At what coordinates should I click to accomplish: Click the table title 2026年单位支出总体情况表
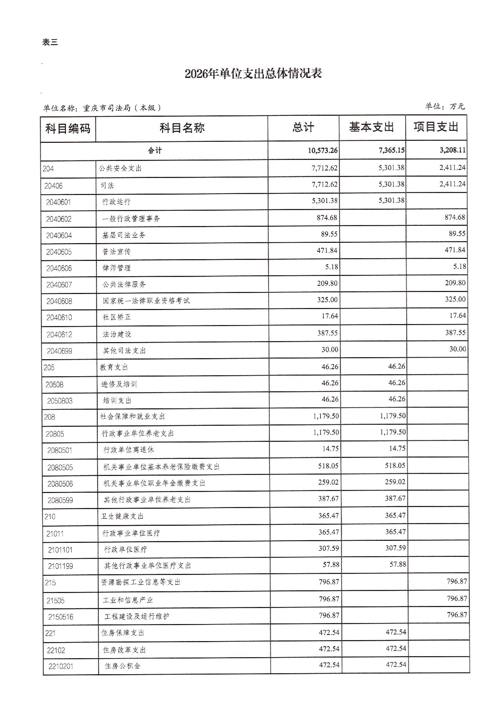(x=253, y=74)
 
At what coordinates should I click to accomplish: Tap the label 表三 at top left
(x=50, y=42)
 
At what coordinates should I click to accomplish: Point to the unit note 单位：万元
(x=445, y=106)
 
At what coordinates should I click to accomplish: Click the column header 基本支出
(x=371, y=127)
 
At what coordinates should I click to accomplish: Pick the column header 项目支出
(x=436, y=127)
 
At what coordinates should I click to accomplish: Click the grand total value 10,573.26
(x=323, y=150)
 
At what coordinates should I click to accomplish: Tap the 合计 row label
(x=155, y=150)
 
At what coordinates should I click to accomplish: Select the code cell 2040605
(x=59, y=252)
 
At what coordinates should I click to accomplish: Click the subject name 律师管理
(x=117, y=268)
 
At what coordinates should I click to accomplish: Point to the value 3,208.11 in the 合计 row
(x=452, y=150)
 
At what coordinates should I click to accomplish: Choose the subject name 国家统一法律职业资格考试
(x=146, y=301)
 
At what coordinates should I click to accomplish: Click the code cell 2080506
(x=60, y=484)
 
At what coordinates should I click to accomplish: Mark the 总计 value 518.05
(x=328, y=466)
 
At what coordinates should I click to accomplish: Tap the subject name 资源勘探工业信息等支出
(x=141, y=582)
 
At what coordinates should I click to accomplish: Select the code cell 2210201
(x=61, y=666)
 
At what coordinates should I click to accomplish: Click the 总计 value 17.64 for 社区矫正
(x=330, y=316)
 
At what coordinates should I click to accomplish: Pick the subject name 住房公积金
(x=122, y=666)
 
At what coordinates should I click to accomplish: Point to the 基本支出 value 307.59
(x=395, y=548)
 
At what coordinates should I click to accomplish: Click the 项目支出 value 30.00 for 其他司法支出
(x=457, y=349)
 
